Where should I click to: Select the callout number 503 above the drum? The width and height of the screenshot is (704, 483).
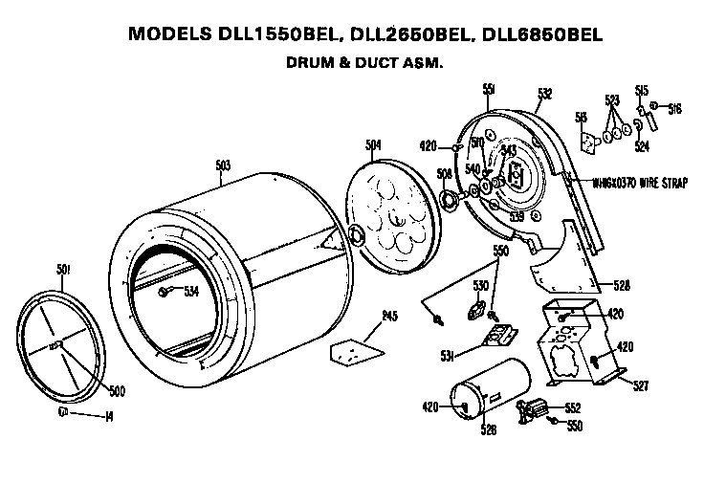[223, 165]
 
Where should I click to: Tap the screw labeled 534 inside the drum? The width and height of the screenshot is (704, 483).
[165, 291]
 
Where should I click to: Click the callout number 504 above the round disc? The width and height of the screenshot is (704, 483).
[374, 144]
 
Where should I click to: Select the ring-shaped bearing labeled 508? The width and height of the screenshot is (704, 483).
[446, 198]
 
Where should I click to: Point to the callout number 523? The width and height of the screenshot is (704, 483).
[612, 99]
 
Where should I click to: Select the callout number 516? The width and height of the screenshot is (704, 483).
[674, 108]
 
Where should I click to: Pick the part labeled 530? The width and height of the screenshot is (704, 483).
[473, 311]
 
